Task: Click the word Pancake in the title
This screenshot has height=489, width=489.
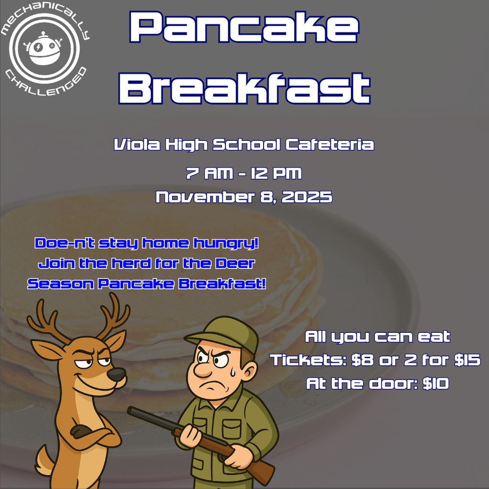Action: [x=244, y=27]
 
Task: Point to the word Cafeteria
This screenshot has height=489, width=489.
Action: [x=330, y=144]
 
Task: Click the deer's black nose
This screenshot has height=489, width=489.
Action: [x=116, y=374]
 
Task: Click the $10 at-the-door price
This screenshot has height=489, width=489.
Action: [x=436, y=383]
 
